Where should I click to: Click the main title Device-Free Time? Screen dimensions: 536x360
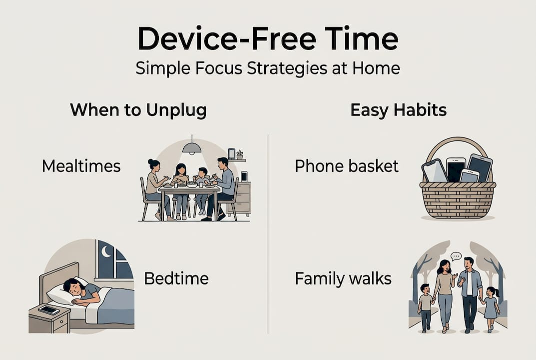pyautogui.click(x=268, y=38)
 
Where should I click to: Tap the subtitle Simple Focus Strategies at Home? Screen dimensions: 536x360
pyautogui.click(x=268, y=68)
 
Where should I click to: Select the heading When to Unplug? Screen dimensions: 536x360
pyautogui.click(x=138, y=110)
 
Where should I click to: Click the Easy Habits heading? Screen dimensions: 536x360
pyautogui.click(x=399, y=110)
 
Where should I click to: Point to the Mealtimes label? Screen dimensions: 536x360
pyautogui.click(x=81, y=166)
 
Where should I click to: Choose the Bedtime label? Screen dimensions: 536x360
pyautogui.click(x=176, y=278)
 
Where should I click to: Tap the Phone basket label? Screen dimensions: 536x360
pyautogui.click(x=347, y=166)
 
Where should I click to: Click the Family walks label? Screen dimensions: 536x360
pyautogui.click(x=343, y=278)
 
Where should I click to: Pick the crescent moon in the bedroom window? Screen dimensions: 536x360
pyautogui.click(x=106, y=251)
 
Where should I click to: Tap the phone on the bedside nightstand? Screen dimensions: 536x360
pyautogui.click(x=49, y=310)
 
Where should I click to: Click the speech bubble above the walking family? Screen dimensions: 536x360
pyautogui.click(x=456, y=256)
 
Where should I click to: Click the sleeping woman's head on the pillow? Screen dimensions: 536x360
pyautogui.click(x=73, y=288)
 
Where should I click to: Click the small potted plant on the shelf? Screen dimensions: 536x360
pyautogui.click(x=240, y=154)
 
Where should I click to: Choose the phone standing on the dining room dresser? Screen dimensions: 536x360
pyautogui.click(x=244, y=176)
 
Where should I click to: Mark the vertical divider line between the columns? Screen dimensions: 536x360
pyautogui.click(x=268, y=234)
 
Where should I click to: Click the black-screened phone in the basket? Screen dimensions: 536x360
pyautogui.click(x=456, y=169)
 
